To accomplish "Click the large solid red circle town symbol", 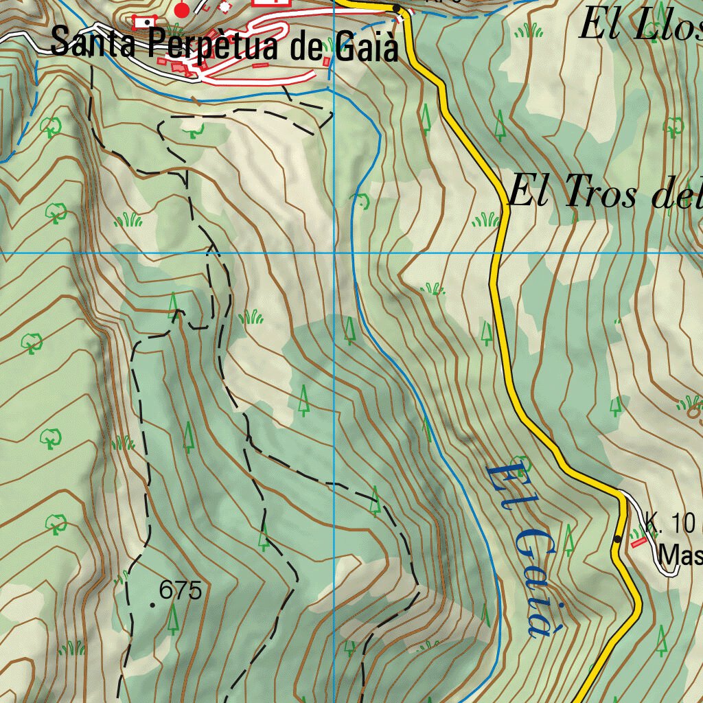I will click(x=182, y=10).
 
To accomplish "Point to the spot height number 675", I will click(x=180, y=590).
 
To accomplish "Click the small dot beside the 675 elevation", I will click(x=152, y=604).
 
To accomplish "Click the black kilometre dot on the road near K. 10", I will click(x=618, y=539).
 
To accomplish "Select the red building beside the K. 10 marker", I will click(x=638, y=542).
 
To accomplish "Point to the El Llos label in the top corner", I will click(x=638, y=26).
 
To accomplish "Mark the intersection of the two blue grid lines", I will click(x=334, y=253).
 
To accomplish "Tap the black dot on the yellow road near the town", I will click(x=397, y=8).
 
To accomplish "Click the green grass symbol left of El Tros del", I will click(x=486, y=220).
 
